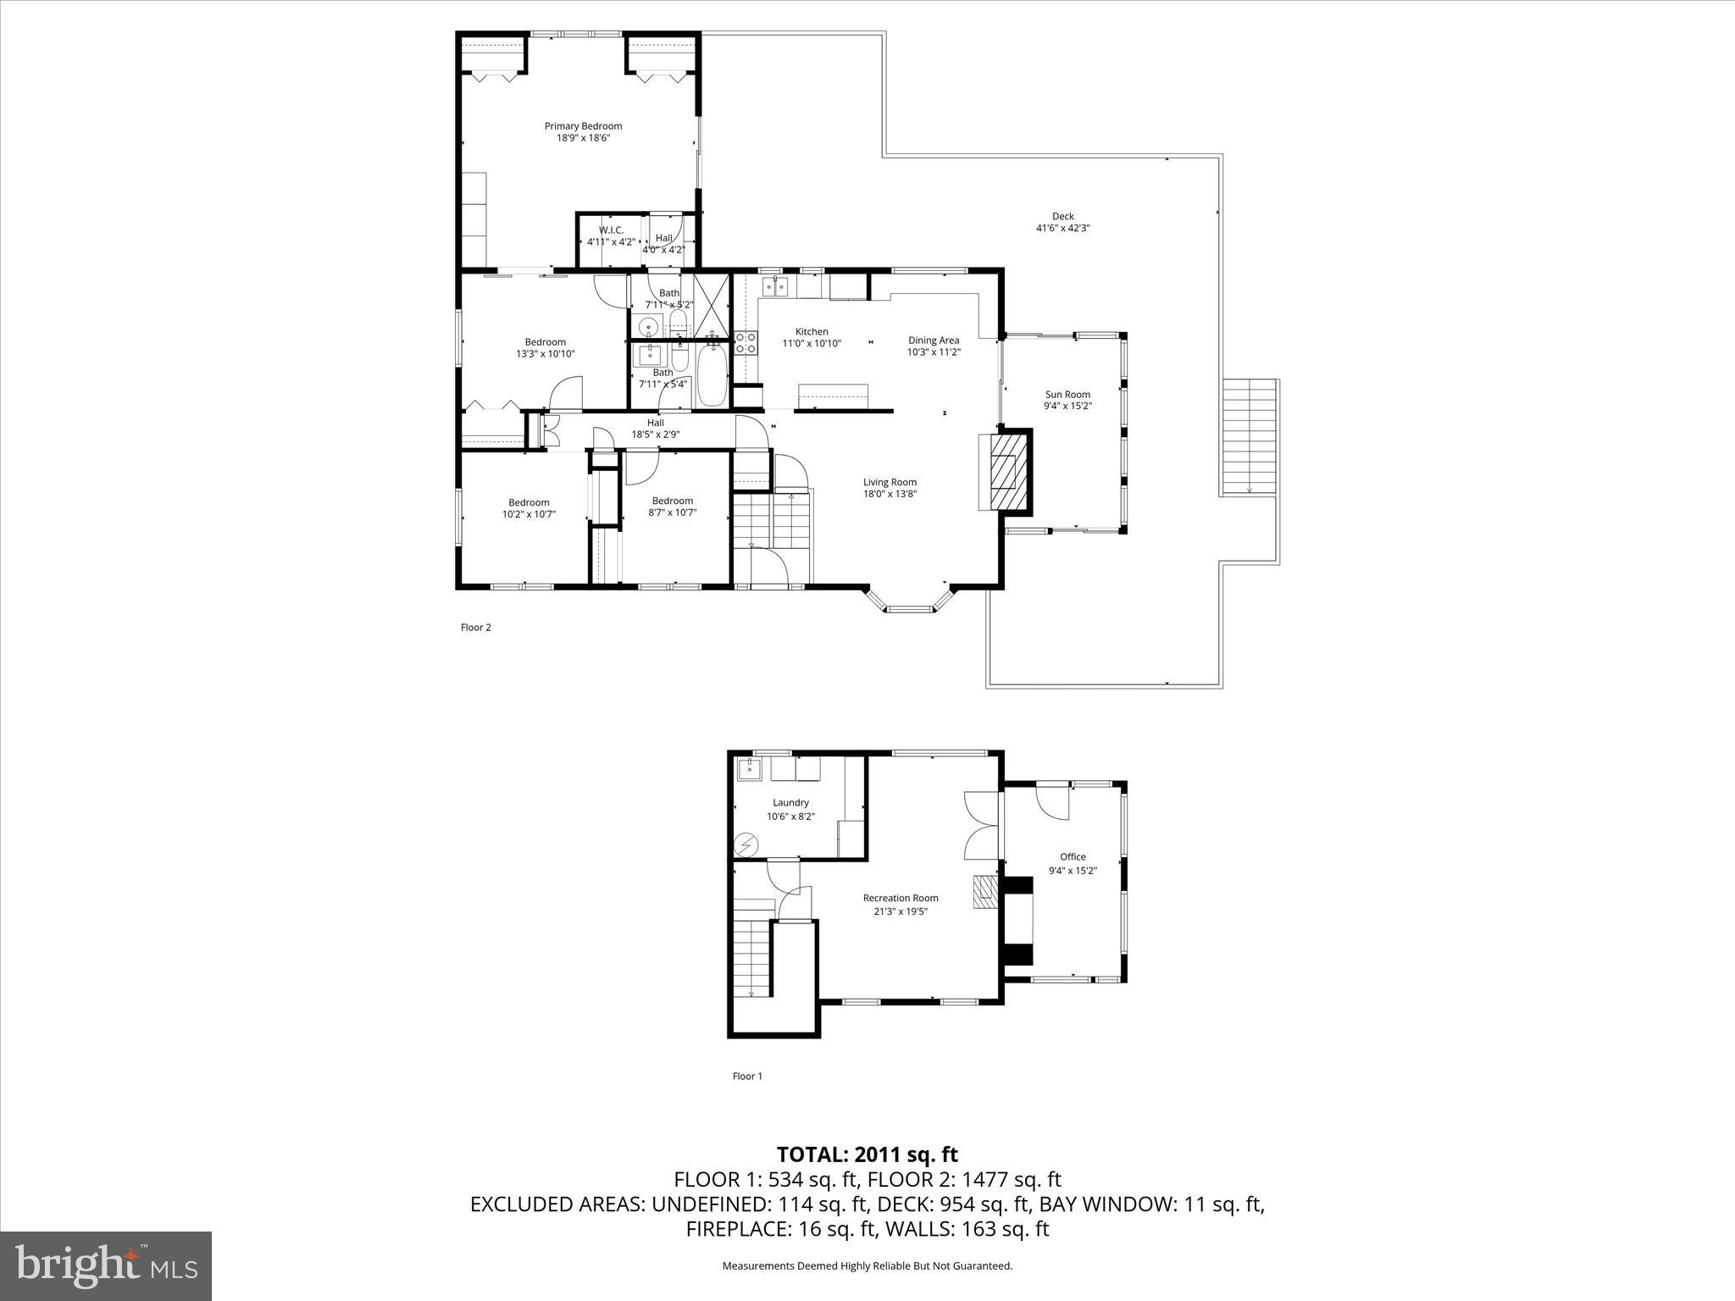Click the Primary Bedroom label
(583, 126)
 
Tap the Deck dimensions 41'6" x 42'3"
(1062, 228)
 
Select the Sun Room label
(1067, 394)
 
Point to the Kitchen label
(812, 331)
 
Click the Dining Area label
(934, 340)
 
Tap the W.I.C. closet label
(611, 230)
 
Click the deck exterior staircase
(1249, 436)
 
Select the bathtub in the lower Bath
(712, 378)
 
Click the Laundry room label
(790, 802)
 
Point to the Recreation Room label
(901, 898)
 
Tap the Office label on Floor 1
(1073, 856)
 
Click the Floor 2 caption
(476, 628)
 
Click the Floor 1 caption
(747, 1077)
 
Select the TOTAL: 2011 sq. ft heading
(867, 1154)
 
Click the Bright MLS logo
(106, 1265)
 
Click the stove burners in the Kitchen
(746, 342)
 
